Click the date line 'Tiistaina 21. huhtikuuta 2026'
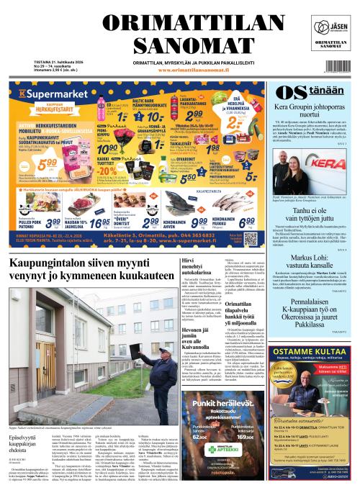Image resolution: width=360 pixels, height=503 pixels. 34,60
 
